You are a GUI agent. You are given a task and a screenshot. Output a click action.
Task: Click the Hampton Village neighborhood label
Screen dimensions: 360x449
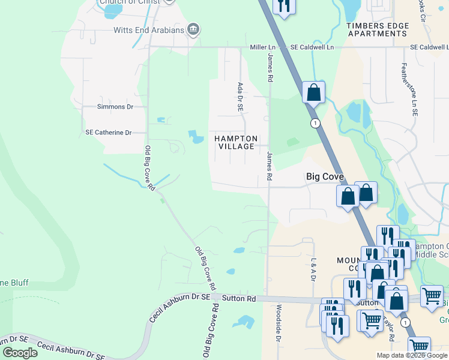coord(236,143)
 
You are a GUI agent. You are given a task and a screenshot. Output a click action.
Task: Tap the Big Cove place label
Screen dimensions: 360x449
coord(325,177)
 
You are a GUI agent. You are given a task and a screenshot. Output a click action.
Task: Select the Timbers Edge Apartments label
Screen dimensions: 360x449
coord(378,30)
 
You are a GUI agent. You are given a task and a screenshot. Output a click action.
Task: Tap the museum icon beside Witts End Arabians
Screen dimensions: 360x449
coord(193,29)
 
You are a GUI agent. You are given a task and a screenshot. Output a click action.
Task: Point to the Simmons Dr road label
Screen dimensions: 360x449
coord(115,107)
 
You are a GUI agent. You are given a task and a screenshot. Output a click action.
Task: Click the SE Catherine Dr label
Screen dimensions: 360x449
coord(109,132)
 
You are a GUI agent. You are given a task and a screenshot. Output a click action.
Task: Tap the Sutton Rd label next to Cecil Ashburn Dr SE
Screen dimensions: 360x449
coord(239,298)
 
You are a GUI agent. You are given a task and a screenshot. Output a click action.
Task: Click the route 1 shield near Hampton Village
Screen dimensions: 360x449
coord(315,123)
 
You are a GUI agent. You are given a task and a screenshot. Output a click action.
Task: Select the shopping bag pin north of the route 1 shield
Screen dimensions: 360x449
coord(313,93)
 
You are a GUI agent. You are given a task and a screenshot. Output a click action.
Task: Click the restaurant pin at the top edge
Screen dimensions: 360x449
coord(283,6)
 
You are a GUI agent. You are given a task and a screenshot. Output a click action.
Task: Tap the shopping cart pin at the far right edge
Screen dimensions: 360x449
coord(432,296)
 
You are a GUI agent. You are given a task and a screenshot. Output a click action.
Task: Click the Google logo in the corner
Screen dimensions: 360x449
coord(20,353)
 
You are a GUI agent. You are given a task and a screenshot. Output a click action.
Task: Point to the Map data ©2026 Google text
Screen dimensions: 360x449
coord(412,355)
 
